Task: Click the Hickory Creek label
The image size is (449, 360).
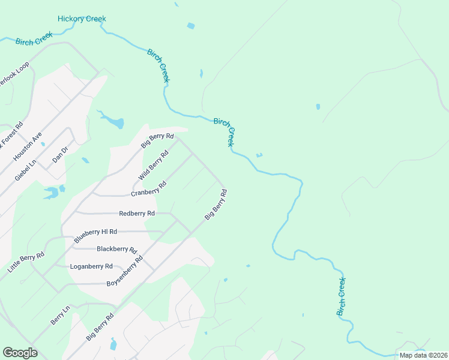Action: click(82, 19)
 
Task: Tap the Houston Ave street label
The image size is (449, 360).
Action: click(28, 146)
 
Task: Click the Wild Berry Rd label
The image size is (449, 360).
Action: click(154, 166)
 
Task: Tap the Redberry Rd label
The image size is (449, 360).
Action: click(137, 213)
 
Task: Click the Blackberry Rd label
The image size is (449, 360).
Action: click(117, 249)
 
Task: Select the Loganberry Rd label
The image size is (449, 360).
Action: click(91, 266)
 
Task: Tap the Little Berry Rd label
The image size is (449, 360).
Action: click(26, 263)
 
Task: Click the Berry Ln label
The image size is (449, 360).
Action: click(60, 315)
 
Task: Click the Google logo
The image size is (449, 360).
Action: click(20, 352)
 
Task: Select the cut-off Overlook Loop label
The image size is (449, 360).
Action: click(13, 74)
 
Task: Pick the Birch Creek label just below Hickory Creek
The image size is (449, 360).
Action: click(34, 41)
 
